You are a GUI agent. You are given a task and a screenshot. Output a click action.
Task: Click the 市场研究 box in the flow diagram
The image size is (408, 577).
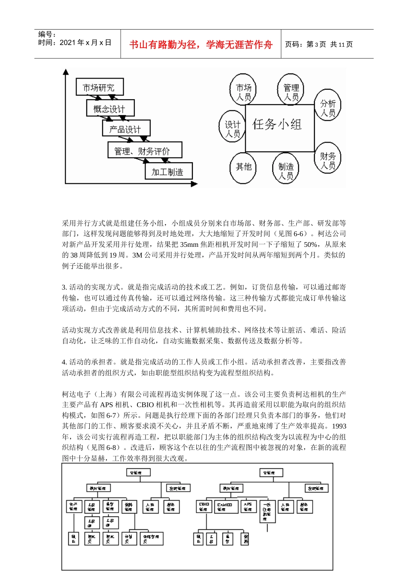99,87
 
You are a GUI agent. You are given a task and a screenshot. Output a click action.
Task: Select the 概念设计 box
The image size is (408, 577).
110,109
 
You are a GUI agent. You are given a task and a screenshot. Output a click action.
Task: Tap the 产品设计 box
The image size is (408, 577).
126,129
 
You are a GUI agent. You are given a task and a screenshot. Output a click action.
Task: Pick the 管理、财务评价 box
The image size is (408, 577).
144,151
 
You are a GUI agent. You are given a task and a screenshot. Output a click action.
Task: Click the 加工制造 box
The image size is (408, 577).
168,172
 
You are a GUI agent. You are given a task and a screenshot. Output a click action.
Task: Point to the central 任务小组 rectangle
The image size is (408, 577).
279,127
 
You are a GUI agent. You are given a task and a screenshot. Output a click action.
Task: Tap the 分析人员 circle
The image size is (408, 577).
328,108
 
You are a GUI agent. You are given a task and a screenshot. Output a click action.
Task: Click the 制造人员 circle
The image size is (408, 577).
286,170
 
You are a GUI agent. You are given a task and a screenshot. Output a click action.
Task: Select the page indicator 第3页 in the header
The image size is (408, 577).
316,44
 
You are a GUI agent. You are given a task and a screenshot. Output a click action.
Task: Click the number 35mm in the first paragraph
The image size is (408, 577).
189,244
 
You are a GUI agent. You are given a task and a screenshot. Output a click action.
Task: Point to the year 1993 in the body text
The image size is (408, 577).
339,426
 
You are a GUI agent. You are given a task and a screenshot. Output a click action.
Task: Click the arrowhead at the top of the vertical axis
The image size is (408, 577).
66,71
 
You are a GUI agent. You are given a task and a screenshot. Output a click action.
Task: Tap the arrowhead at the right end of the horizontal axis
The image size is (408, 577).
194,184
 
